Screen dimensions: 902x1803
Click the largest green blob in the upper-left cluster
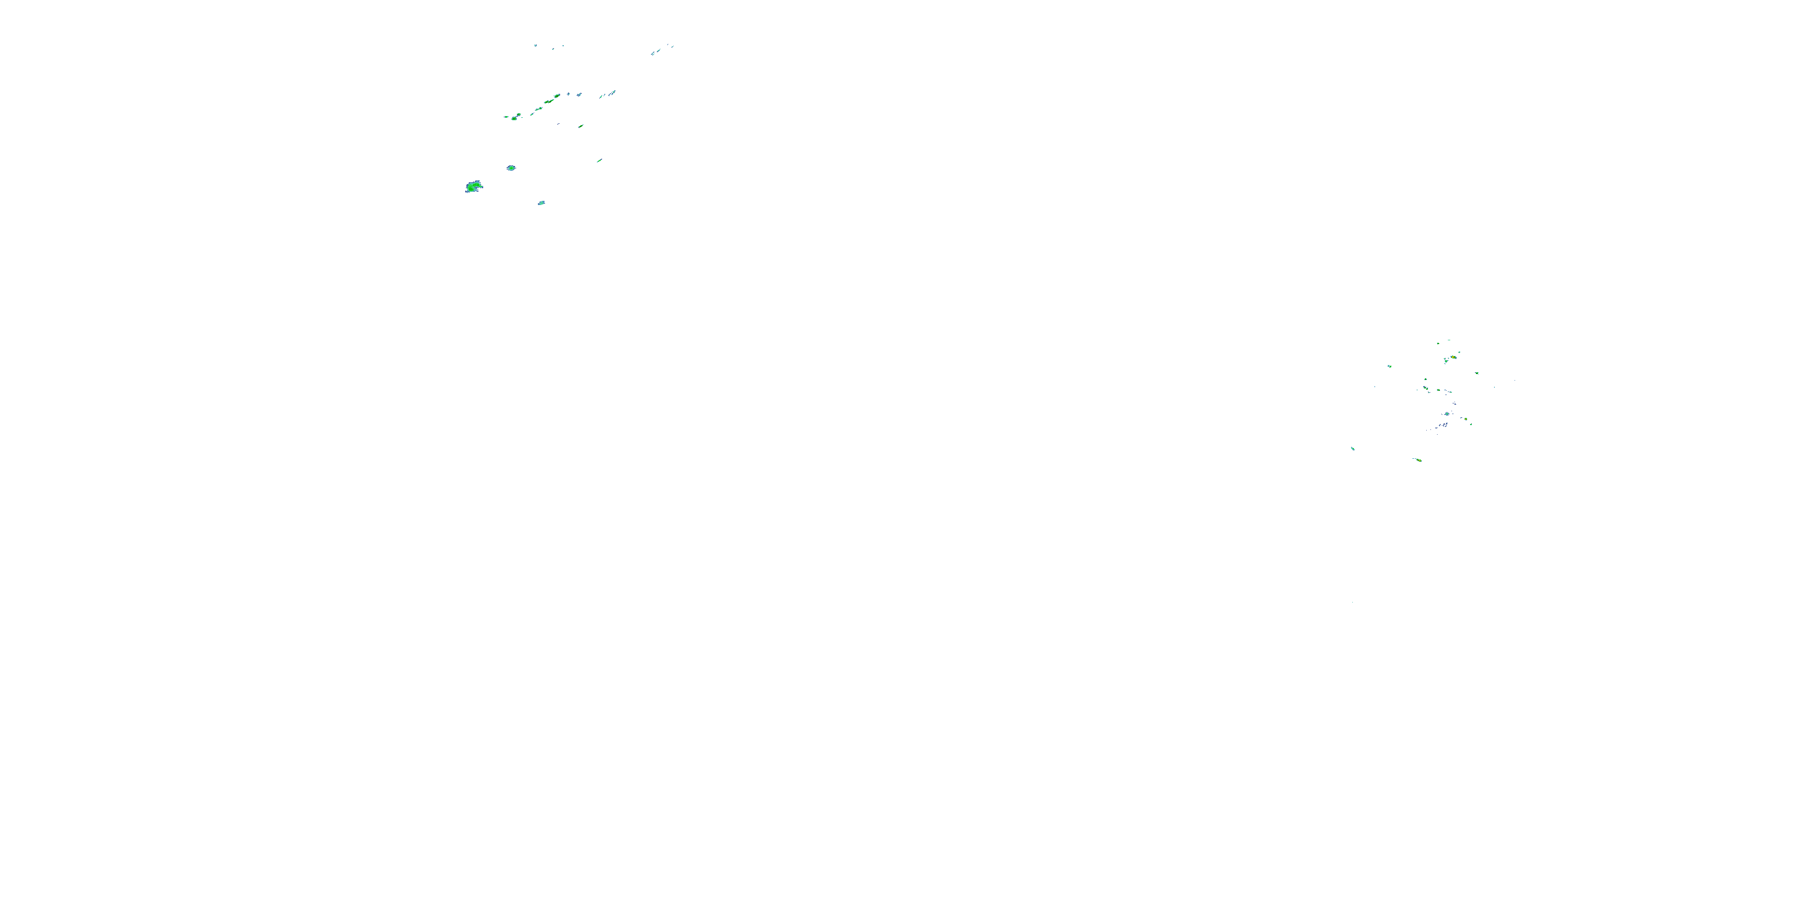click(474, 186)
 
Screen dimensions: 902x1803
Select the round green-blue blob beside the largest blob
click(511, 168)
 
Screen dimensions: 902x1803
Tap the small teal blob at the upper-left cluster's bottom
click(541, 203)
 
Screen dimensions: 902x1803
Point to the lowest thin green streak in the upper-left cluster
click(599, 161)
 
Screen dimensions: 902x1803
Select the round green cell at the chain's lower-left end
click(514, 118)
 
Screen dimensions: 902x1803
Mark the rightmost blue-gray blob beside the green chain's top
click(579, 94)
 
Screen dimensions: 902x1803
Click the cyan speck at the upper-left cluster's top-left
click(535, 46)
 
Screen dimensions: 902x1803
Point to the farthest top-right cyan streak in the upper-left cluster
click(670, 46)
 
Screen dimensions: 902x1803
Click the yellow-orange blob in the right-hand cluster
click(1454, 357)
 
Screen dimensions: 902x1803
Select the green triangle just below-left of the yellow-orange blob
click(1446, 361)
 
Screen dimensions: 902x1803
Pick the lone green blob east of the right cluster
click(1477, 373)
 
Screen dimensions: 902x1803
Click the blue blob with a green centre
click(1447, 414)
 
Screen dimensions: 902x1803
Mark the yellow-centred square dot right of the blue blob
click(1465, 420)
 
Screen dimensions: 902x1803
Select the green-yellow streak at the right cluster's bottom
click(1418, 460)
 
